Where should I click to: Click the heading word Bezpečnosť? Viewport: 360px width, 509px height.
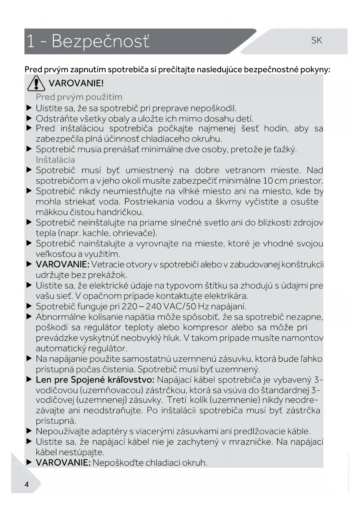click(100, 41)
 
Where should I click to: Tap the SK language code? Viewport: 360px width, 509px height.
click(316, 40)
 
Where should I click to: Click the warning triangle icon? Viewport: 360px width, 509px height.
click(36, 83)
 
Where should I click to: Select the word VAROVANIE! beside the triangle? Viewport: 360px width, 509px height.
click(76, 83)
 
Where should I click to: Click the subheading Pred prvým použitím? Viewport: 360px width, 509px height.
click(79, 97)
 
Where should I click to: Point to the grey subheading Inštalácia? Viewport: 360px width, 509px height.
click(55, 160)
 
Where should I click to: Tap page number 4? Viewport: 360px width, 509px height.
click(27, 484)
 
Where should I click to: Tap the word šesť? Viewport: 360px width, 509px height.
click(250, 128)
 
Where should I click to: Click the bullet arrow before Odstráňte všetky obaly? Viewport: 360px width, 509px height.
click(29, 118)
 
